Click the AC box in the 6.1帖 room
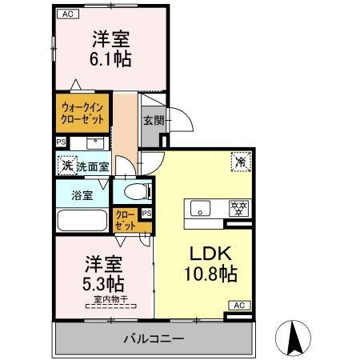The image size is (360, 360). (68, 14)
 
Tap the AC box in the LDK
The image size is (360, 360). (239, 306)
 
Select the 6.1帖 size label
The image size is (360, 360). (110, 59)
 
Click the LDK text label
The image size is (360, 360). (210, 254)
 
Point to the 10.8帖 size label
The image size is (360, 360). (210, 274)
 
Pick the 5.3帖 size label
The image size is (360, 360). (103, 284)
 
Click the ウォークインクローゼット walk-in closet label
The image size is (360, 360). (82, 114)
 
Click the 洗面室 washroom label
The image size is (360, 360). (93, 166)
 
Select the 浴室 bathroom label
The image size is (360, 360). (82, 195)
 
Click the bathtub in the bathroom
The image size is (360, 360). (82, 220)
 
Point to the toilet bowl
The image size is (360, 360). (136, 192)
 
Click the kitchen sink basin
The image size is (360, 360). (200, 208)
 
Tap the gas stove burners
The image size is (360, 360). (239, 208)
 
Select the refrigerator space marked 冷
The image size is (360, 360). (241, 162)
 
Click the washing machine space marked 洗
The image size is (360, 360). (67, 166)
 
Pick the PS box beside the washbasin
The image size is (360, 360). (61, 142)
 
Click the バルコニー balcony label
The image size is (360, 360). (154, 339)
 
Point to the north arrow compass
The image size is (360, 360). (293, 338)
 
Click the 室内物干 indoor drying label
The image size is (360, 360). (111, 299)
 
